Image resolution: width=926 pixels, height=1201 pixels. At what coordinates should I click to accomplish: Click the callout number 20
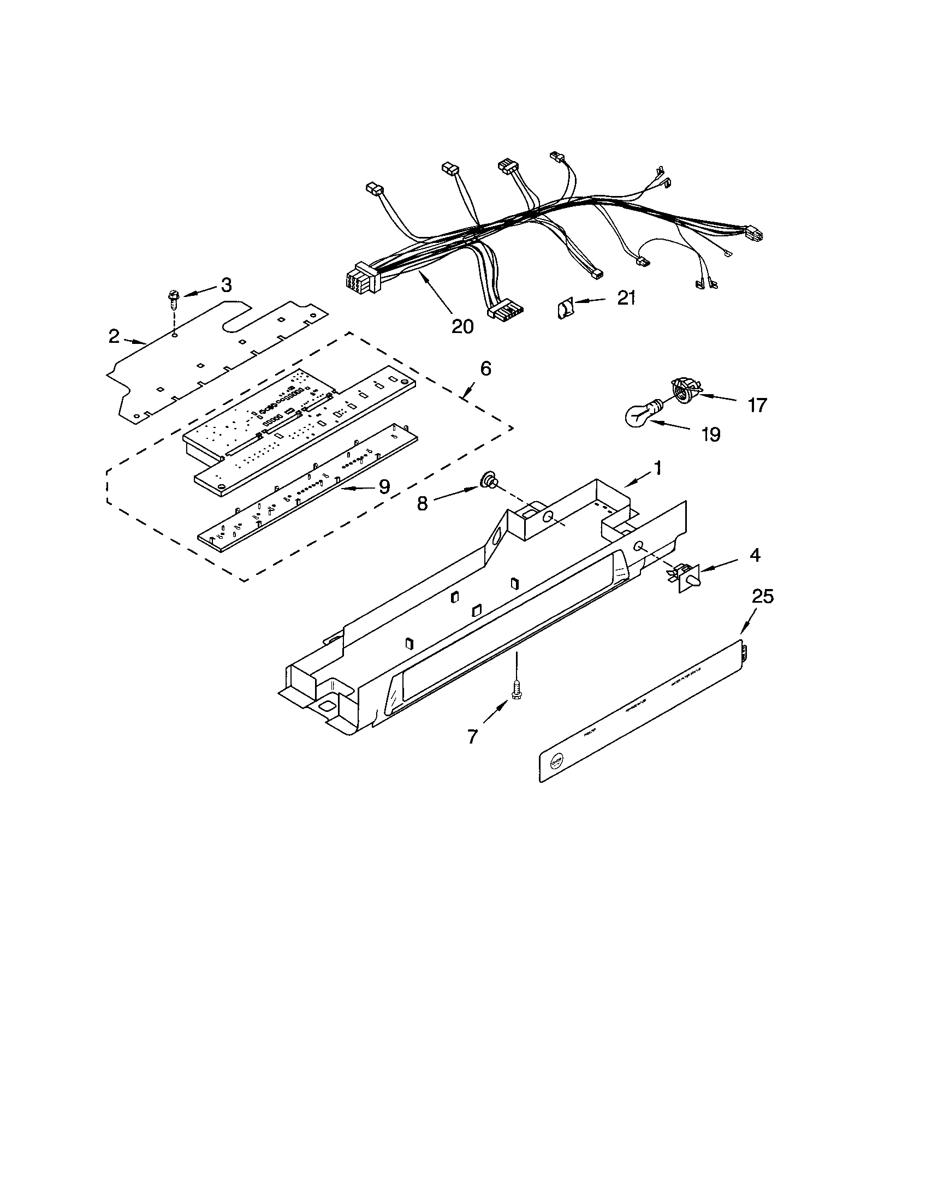[462, 326]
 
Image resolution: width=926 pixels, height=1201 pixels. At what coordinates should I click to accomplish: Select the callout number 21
[626, 298]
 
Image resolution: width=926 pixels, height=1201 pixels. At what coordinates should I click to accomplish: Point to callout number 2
[113, 336]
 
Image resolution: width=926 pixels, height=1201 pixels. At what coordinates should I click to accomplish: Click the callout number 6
[485, 368]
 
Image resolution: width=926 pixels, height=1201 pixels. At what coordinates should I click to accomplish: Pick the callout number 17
[757, 406]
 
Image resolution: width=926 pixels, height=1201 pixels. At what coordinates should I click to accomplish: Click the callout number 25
[762, 596]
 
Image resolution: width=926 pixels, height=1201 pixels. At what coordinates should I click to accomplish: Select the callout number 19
[710, 435]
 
